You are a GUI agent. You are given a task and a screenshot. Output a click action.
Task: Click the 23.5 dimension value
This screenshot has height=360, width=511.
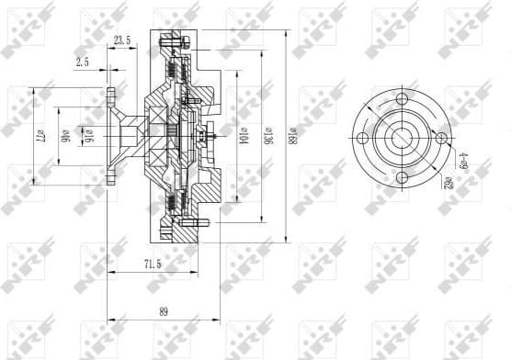point(121,39)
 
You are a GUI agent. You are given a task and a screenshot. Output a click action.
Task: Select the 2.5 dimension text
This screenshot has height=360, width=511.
point(83,62)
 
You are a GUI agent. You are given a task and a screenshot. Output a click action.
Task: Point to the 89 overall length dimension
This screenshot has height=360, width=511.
point(164,311)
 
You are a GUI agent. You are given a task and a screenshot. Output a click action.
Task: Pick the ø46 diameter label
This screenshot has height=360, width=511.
point(64,137)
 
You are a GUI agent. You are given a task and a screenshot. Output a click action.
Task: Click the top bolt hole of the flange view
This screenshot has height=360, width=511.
point(402,98)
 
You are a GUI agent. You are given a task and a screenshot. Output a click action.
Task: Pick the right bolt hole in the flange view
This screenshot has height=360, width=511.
point(441,138)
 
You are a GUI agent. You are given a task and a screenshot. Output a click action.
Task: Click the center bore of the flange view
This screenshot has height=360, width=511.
point(402,138)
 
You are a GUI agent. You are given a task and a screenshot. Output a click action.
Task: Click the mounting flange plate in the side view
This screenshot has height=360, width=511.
point(111,137)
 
